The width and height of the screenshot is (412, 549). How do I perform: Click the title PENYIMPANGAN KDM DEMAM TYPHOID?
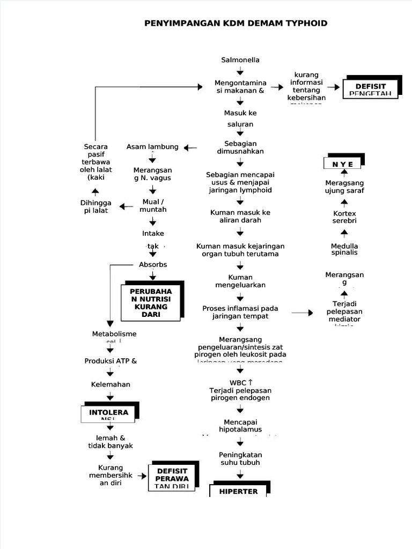point(236,24)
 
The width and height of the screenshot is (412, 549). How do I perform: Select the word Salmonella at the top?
point(240,60)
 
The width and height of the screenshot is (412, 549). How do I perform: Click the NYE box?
point(343,164)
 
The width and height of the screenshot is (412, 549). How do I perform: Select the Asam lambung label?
point(152,147)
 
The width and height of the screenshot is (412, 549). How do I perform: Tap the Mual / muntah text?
point(153,205)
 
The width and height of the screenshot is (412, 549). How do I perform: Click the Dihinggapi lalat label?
point(96,206)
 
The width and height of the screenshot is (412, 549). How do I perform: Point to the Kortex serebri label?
point(344,217)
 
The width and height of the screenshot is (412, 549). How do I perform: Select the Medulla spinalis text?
point(344,249)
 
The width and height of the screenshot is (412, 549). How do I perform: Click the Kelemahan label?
point(110,384)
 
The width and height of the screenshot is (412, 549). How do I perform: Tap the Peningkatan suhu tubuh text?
point(240,458)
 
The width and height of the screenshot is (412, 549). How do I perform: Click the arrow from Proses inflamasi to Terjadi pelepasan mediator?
point(303,312)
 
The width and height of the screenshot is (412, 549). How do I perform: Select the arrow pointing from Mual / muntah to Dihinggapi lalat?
point(127,206)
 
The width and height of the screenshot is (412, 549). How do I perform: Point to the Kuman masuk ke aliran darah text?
point(240,216)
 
